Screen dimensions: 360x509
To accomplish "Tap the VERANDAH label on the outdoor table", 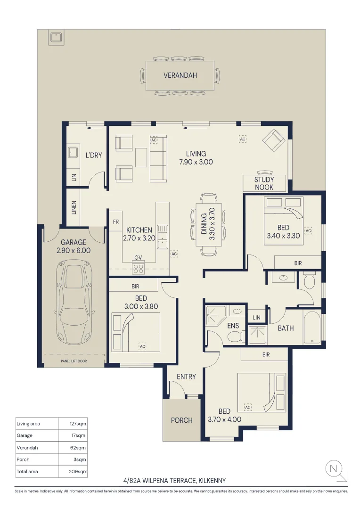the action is click(180, 75).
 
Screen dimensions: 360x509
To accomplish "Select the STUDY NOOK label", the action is click(264, 183).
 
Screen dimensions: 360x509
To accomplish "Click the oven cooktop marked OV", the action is click(138, 268).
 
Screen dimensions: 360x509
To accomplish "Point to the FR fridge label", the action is click(116, 222).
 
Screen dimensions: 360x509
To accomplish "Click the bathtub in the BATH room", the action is click(311, 327).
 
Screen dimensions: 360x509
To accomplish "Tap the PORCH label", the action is click(182, 420).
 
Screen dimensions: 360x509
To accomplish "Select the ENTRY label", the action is click(186, 377).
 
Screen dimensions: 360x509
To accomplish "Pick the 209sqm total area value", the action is click(78, 471).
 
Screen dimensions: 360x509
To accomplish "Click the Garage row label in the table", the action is click(25, 435).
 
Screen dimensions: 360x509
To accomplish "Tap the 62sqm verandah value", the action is click(78, 448).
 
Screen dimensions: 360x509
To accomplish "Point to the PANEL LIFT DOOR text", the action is click(74, 361).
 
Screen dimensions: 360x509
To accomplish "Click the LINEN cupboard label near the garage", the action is click(74, 207).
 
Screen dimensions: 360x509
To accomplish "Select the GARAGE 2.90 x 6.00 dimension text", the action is click(74, 246).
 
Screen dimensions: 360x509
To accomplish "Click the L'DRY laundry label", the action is click(94, 155).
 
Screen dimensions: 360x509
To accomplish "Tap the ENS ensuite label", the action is click(233, 326).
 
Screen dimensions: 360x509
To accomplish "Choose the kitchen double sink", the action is click(162, 237).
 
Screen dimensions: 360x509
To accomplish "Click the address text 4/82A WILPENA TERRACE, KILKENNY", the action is click(174, 480).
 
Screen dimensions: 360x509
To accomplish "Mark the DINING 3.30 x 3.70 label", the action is click(208, 224).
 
